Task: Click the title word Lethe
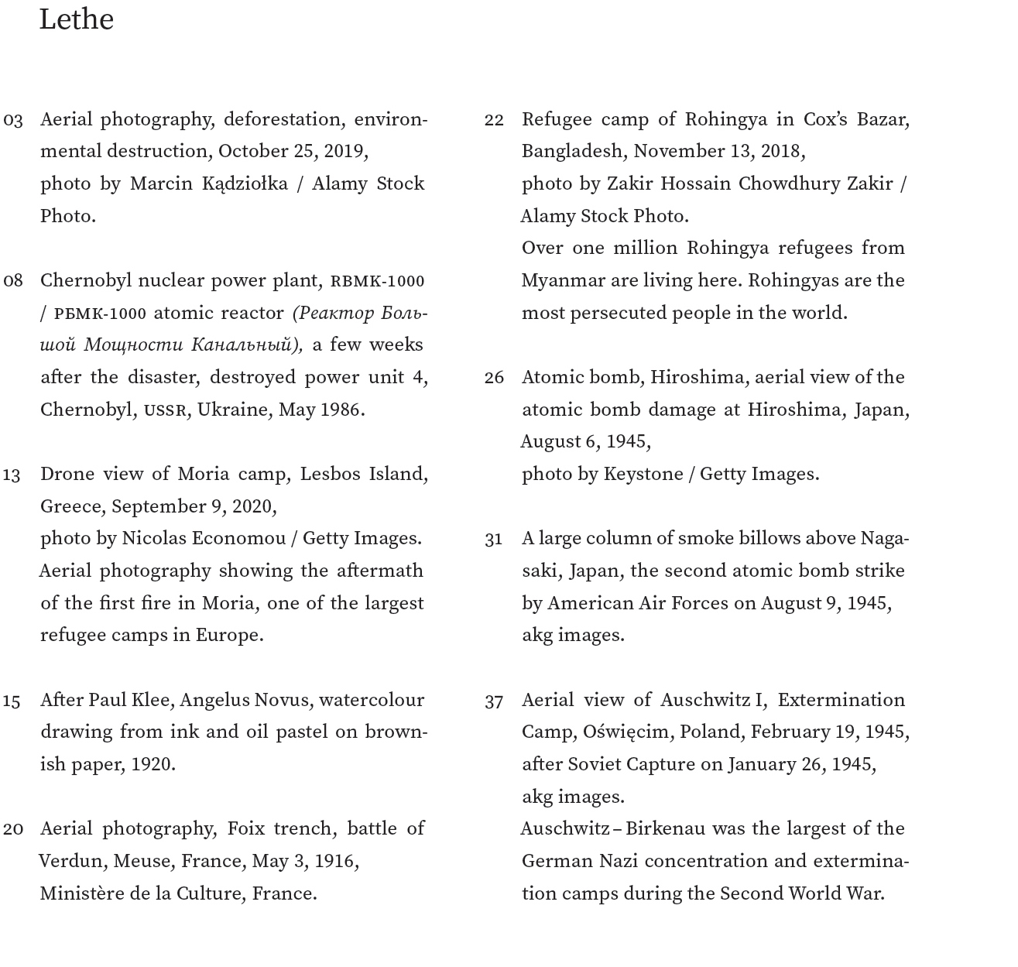tap(76, 19)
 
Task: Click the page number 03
tap(13, 120)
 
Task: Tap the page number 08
tap(13, 281)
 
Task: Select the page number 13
tap(12, 475)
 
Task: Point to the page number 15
tap(12, 701)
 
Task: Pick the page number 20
tap(13, 829)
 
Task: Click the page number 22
tap(494, 120)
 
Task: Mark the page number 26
tap(494, 378)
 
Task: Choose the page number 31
tap(493, 540)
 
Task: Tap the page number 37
tap(494, 701)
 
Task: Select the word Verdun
tap(70, 861)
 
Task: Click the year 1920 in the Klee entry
tap(152, 764)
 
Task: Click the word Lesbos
tap(329, 474)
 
